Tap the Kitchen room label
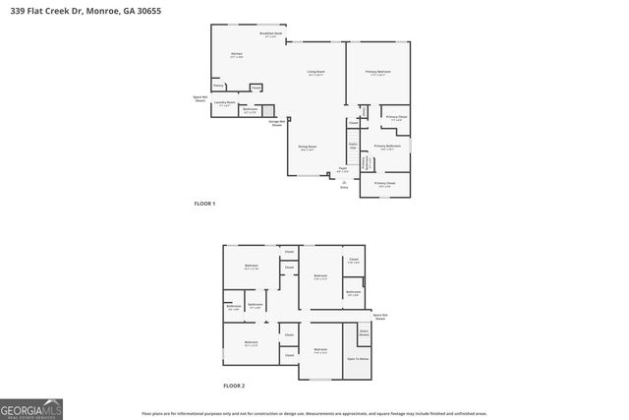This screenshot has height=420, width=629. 236,54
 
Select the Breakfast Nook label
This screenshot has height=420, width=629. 270,34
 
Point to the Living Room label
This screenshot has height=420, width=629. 315,73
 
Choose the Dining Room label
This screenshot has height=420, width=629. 307,148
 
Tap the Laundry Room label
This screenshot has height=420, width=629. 223,102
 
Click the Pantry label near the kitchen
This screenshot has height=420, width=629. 218,86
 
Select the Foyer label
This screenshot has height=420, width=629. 343,169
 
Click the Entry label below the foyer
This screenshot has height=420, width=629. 344,187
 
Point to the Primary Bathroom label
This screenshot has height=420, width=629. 388,147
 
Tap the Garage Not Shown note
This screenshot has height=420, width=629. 277,123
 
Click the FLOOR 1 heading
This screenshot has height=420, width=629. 203,204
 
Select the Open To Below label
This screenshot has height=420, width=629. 357,359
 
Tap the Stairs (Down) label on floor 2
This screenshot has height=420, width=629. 363,332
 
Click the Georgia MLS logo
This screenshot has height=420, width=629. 31,407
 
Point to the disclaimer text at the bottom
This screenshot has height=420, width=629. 314,414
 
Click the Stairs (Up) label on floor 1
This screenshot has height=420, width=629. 353,147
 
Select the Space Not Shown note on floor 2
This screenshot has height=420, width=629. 379,317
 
